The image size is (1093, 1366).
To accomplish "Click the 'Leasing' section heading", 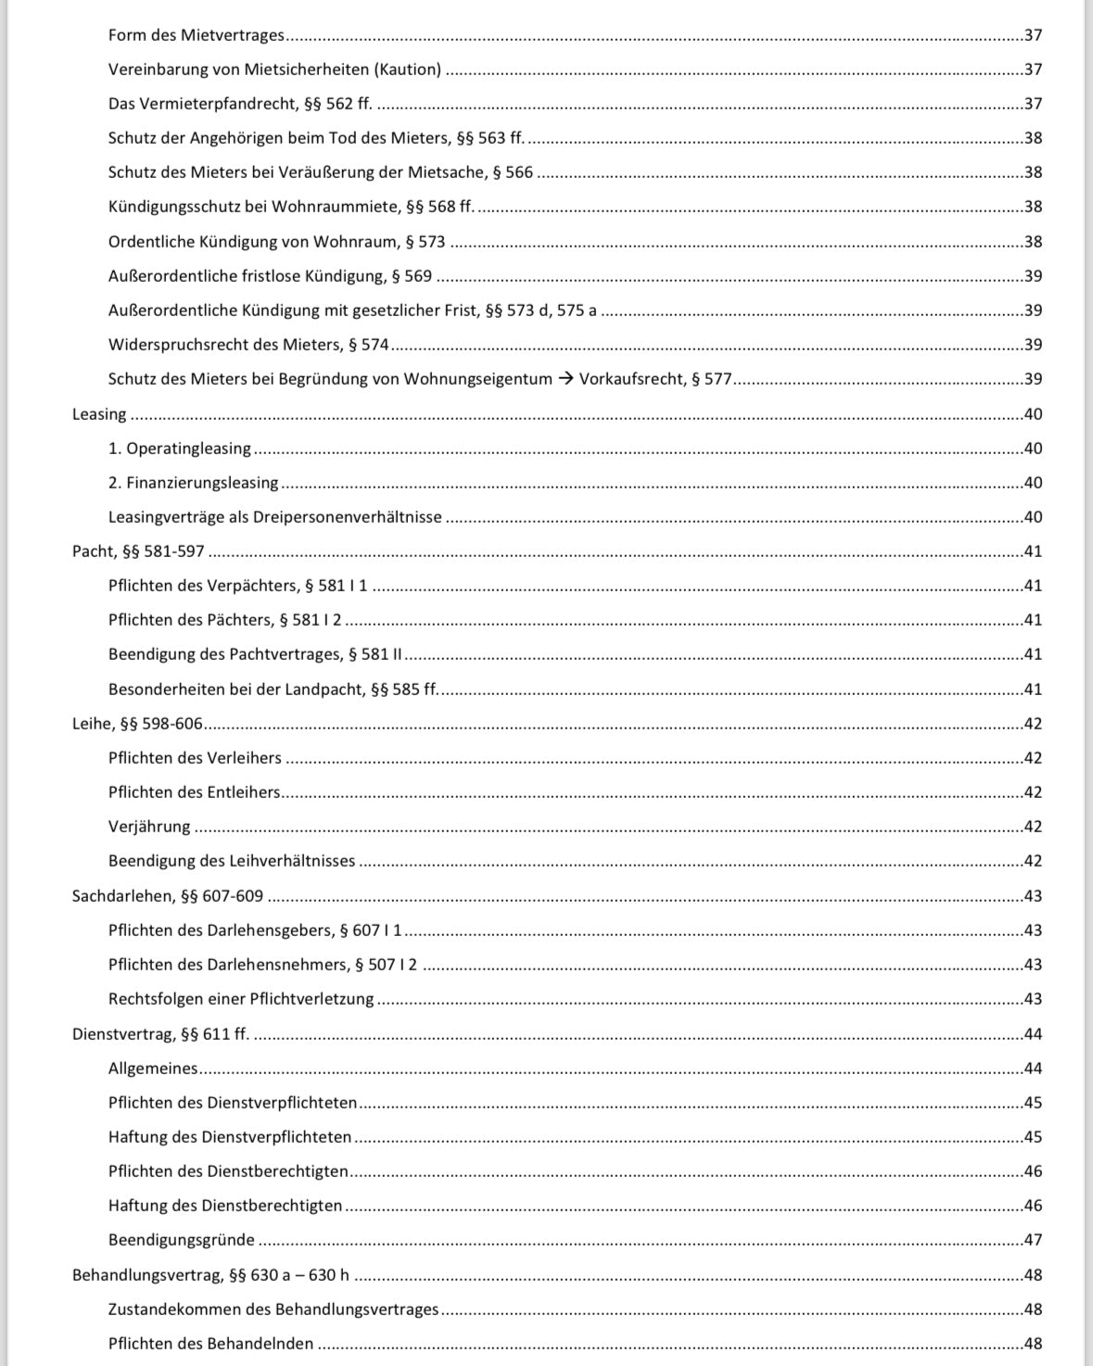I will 99,414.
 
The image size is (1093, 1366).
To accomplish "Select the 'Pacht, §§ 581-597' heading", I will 138,551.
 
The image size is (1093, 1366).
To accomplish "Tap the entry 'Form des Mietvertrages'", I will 196,35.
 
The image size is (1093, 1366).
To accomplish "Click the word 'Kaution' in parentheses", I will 408,70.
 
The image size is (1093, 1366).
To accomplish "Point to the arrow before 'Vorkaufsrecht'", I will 566,379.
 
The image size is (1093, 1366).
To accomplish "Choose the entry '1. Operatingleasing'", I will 179,449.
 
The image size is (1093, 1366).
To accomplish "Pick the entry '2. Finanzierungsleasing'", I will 193,483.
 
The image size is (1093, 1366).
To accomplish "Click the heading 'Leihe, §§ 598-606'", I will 137,724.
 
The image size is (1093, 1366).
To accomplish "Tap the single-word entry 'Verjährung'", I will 149,827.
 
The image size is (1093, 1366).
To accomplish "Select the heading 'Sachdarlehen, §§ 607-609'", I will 168,896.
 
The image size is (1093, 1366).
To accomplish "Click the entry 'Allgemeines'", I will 153,1069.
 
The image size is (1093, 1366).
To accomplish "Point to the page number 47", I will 1033,1240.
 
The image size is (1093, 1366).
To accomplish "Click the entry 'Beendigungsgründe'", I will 181,1240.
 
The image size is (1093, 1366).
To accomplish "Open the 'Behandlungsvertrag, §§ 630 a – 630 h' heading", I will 210,1275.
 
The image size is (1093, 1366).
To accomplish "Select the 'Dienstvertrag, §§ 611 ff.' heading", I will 160,1034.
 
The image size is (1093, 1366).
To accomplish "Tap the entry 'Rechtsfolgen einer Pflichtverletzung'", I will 241,999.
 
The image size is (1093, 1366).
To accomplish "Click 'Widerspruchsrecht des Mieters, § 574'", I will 248,345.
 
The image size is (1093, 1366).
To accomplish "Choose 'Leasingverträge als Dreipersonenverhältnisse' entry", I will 274,517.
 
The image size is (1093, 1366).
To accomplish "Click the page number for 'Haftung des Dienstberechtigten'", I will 1033,1206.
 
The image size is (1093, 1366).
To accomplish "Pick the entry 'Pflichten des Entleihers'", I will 194,792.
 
